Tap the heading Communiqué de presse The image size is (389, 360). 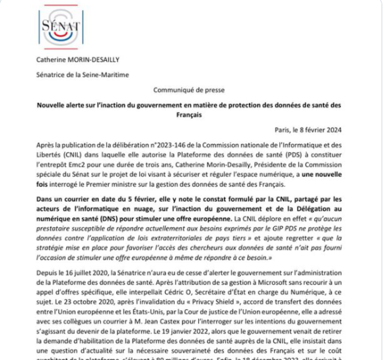click(189, 89)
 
